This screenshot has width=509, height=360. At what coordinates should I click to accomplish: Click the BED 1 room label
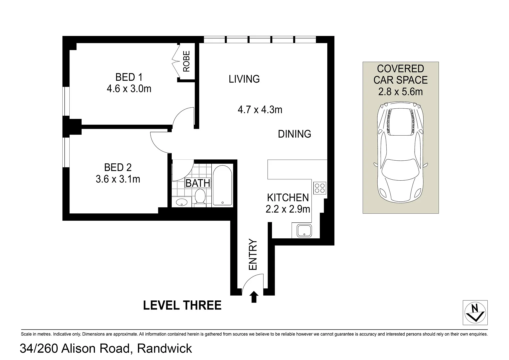[129, 77]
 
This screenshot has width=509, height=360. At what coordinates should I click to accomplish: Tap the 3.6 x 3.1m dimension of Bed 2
[118, 179]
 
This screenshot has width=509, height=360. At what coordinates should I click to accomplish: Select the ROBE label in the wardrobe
[186, 61]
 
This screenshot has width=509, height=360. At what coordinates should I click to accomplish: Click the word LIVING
[244, 79]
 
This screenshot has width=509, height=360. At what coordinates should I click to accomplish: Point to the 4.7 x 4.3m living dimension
[260, 110]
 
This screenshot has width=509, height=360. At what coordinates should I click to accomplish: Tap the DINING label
[294, 134]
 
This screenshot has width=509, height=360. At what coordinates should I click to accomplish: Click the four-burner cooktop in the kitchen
[320, 188]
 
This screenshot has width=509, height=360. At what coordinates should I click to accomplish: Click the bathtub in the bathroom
[222, 185]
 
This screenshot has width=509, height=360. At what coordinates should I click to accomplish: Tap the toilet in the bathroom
[200, 197]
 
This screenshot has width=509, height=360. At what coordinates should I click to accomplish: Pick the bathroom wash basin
[182, 202]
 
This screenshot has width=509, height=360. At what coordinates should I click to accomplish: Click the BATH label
[198, 183]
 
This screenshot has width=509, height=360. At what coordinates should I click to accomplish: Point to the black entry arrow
[254, 297]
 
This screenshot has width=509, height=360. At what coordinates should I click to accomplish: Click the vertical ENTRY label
[253, 255]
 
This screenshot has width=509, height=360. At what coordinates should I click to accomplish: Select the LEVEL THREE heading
[182, 305]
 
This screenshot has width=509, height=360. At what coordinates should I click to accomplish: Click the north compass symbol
[475, 312]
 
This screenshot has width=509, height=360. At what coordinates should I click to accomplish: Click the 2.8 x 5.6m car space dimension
[400, 92]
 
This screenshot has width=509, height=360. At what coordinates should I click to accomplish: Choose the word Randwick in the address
[165, 349]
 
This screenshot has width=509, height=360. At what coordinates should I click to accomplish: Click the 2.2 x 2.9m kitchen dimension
[288, 209]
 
